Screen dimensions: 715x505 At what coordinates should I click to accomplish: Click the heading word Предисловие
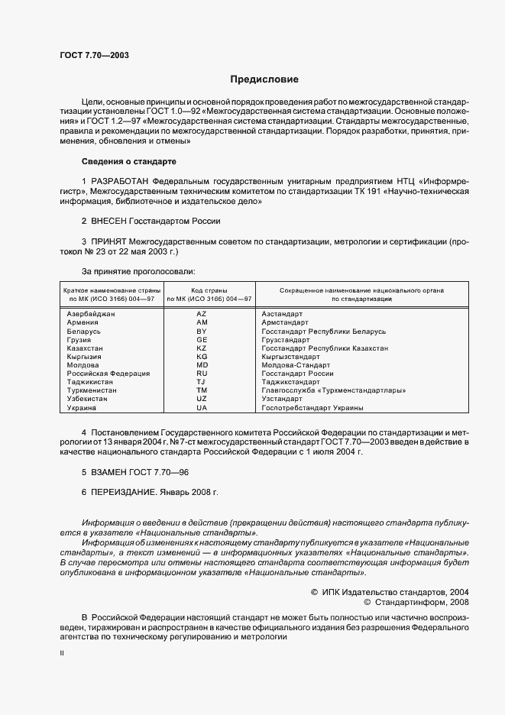pos(264,79)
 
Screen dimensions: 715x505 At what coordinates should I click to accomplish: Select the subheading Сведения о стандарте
pos(129,161)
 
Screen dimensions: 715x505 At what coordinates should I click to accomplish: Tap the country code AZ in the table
pos(202,314)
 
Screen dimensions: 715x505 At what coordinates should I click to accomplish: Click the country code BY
pos(202,332)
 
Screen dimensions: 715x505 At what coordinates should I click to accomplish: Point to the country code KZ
pos(202,348)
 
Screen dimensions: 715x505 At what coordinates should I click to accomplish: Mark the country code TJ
pos(202,382)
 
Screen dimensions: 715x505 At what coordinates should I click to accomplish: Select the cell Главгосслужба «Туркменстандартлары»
pos(333,390)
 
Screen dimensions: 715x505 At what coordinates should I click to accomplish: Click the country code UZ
pos(202,399)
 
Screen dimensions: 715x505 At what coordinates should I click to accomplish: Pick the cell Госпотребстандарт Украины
pos(312,408)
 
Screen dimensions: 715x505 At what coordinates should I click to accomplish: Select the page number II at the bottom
pos(62,654)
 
